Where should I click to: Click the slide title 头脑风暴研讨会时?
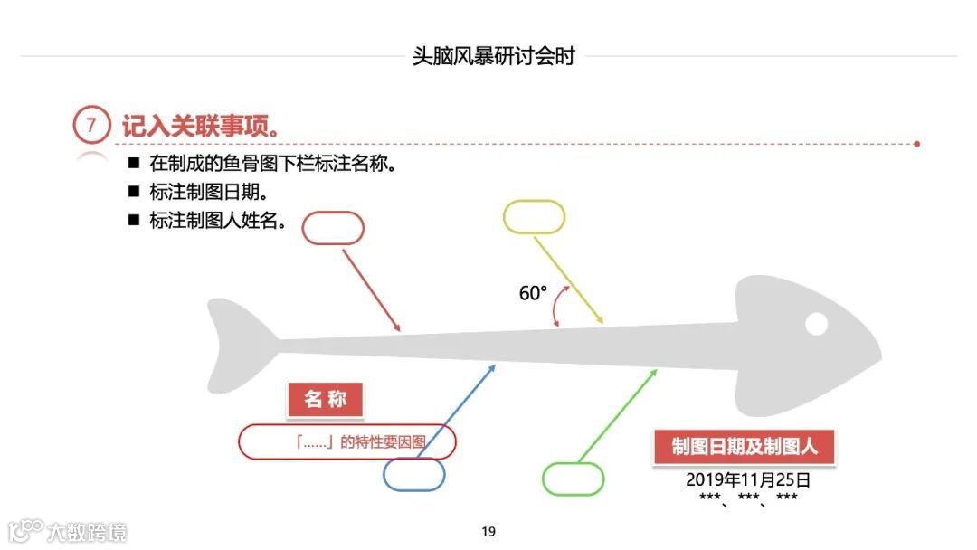[x=493, y=56]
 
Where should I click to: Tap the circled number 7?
[x=90, y=126]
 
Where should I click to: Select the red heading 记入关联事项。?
[x=200, y=127]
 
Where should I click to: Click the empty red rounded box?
[x=333, y=228]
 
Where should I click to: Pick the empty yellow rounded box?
[x=534, y=217]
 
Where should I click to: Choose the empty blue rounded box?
[x=413, y=474]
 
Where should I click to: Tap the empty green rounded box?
[x=573, y=479]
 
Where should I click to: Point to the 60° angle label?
[x=533, y=293]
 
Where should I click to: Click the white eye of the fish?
[x=816, y=323]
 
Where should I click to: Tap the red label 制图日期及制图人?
[x=744, y=447]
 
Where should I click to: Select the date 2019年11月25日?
[x=747, y=479]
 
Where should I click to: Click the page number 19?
[x=488, y=532]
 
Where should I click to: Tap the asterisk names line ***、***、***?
[x=747, y=498]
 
